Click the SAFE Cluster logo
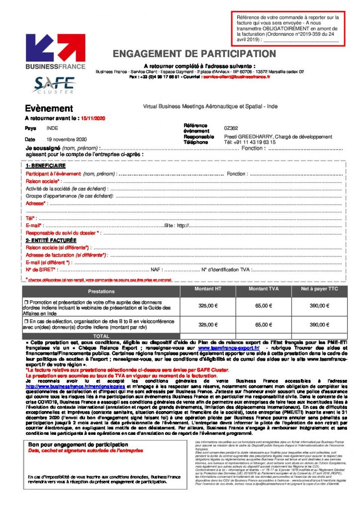pos(54,84)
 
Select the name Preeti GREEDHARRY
pos(248,137)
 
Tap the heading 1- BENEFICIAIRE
pos(46,166)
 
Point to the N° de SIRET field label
pos(40,269)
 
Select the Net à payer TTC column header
pos(319,289)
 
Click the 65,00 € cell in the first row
pos(264,306)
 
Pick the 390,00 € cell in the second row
pos(319,325)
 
